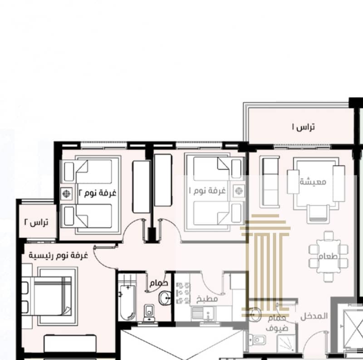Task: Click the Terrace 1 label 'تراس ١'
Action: [x=303, y=127]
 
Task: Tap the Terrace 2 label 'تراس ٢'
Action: [x=36, y=222]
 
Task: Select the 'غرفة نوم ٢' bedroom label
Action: [x=98, y=193]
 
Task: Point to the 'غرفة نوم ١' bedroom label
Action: [x=207, y=190]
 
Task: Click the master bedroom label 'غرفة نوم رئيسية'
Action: [x=59, y=255]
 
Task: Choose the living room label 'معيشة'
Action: [x=313, y=182]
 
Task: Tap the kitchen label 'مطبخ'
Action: [x=207, y=299]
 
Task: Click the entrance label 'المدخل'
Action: [x=314, y=316]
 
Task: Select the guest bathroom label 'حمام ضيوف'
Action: [x=277, y=323]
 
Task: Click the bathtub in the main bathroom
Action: [x=127, y=302]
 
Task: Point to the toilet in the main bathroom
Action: [x=149, y=313]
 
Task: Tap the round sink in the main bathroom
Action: [x=165, y=298]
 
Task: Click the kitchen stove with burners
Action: [x=183, y=293]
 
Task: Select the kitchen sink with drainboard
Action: [x=203, y=314]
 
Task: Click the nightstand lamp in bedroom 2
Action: [x=66, y=194]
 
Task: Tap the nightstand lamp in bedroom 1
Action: [x=239, y=191]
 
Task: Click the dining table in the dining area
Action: [x=329, y=256]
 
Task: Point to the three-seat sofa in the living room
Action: [x=270, y=182]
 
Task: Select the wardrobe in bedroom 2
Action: [x=141, y=187]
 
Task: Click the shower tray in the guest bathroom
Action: [x=286, y=344]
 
